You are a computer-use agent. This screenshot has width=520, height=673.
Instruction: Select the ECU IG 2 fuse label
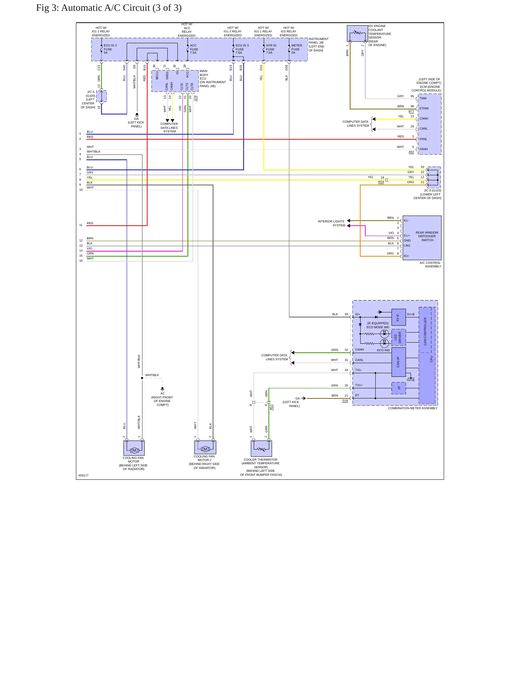(110, 49)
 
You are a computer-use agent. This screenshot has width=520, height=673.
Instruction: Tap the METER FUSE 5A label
(297, 49)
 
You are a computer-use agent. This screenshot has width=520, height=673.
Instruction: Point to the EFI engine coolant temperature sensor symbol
(357, 33)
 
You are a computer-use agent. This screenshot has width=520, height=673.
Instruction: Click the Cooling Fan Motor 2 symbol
(205, 447)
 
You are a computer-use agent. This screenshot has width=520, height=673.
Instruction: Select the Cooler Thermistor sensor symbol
(261, 448)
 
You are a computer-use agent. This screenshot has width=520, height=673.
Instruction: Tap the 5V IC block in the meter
(398, 317)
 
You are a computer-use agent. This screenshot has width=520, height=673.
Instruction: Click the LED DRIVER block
(398, 338)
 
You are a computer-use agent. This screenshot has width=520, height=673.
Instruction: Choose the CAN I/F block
(398, 362)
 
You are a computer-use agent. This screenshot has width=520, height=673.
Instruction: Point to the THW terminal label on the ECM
(423, 98)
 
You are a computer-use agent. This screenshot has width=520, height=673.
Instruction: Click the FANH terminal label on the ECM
(424, 149)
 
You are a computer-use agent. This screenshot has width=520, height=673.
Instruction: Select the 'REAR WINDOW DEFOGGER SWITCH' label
(427, 236)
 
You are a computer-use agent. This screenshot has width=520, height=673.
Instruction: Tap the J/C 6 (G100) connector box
(101, 96)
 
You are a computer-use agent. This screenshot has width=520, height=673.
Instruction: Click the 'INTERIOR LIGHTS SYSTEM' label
(331, 223)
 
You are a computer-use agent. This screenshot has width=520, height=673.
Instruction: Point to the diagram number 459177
(83, 475)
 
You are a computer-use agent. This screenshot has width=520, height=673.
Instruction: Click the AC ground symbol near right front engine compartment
(162, 389)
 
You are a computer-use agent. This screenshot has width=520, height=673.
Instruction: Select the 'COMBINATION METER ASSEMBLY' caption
(413, 408)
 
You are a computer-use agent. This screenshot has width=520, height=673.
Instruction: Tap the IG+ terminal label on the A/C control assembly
(406, 256)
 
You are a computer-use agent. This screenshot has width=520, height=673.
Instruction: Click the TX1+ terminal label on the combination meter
(359, 385)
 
